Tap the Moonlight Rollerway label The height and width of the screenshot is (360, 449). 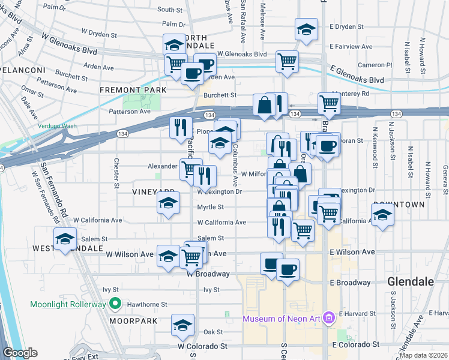(x=68, y=305)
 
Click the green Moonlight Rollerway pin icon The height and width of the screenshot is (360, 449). (x=112, y=305)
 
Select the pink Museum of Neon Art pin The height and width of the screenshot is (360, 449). (x=328, y=317)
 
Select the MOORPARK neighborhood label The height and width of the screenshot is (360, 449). (x=133, y=321)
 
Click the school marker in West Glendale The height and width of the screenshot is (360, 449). (x=65, y=239)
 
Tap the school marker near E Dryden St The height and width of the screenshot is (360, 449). (x=306, y=29)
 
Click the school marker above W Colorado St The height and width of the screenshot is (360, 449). (x=182, y=326)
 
